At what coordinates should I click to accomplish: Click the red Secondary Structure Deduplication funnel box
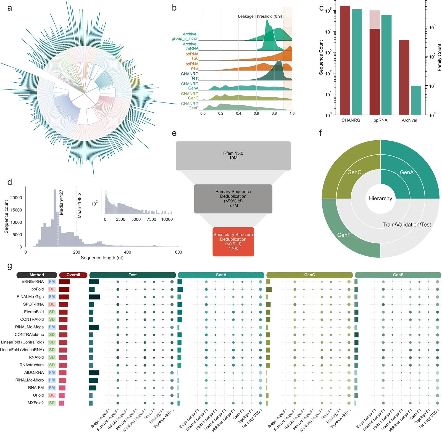233,241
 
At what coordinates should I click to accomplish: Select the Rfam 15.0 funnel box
233,156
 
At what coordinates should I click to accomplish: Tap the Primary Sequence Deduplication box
233,198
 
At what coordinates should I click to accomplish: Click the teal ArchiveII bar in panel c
416,100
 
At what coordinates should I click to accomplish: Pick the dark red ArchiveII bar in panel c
404,77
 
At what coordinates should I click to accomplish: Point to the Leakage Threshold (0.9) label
260,16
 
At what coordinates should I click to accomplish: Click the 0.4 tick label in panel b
238,113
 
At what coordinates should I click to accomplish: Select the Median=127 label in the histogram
61,202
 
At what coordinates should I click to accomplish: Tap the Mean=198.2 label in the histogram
80,205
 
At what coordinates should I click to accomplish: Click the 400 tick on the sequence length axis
127,252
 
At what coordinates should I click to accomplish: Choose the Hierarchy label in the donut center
380,198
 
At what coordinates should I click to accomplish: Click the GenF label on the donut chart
344,235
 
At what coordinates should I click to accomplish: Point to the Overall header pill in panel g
73,275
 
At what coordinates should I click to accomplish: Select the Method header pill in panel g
37,275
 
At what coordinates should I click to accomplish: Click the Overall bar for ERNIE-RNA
64,282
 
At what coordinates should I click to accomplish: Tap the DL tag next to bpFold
52,289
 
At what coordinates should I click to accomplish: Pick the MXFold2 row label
36,403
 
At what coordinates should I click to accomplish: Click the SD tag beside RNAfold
52,357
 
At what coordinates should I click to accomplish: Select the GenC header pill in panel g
309,275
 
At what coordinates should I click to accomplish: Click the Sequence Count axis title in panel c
321,57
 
